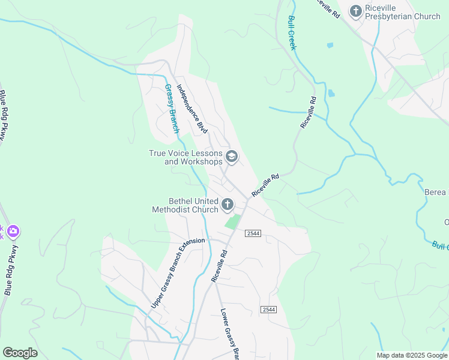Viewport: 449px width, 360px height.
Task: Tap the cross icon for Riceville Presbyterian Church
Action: tap(356, 11)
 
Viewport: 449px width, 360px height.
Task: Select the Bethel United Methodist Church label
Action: tap(185, 205)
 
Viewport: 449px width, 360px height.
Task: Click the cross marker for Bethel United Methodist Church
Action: tap(227, 205)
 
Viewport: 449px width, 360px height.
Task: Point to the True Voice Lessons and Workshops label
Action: tap(185, 157)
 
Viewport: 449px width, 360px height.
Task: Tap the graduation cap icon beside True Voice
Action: tap(231, 157)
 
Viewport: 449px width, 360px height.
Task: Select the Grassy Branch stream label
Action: tap(172, 108)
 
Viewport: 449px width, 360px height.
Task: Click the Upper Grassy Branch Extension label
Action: tap(178, 274)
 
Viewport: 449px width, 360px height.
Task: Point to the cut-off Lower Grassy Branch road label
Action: tap(230, 334)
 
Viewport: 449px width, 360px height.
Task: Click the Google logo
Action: tap(20, 353)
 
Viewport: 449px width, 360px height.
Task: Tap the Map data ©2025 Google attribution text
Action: tap(411, 355)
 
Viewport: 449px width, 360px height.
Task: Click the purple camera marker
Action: tap(13, 230)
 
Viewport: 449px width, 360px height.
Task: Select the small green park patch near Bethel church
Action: tap(233, 221)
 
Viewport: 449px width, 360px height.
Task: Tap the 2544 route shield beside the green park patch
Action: tap(253, 233)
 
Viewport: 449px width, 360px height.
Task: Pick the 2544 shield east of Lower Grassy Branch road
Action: tap(268, 309)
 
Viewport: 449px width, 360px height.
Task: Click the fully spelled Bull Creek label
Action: tap(292, 33)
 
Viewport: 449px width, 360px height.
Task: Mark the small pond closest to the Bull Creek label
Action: tap(330, 45)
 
